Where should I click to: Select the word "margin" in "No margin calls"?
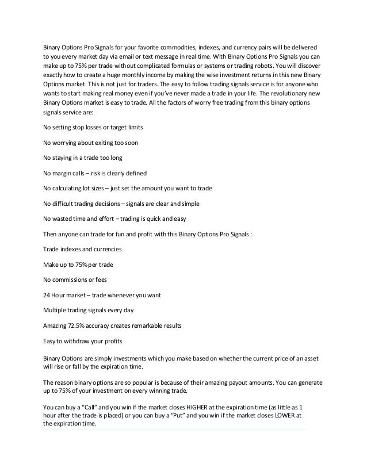(x=63, y=173)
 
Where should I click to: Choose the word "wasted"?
(x=64, y=219)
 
